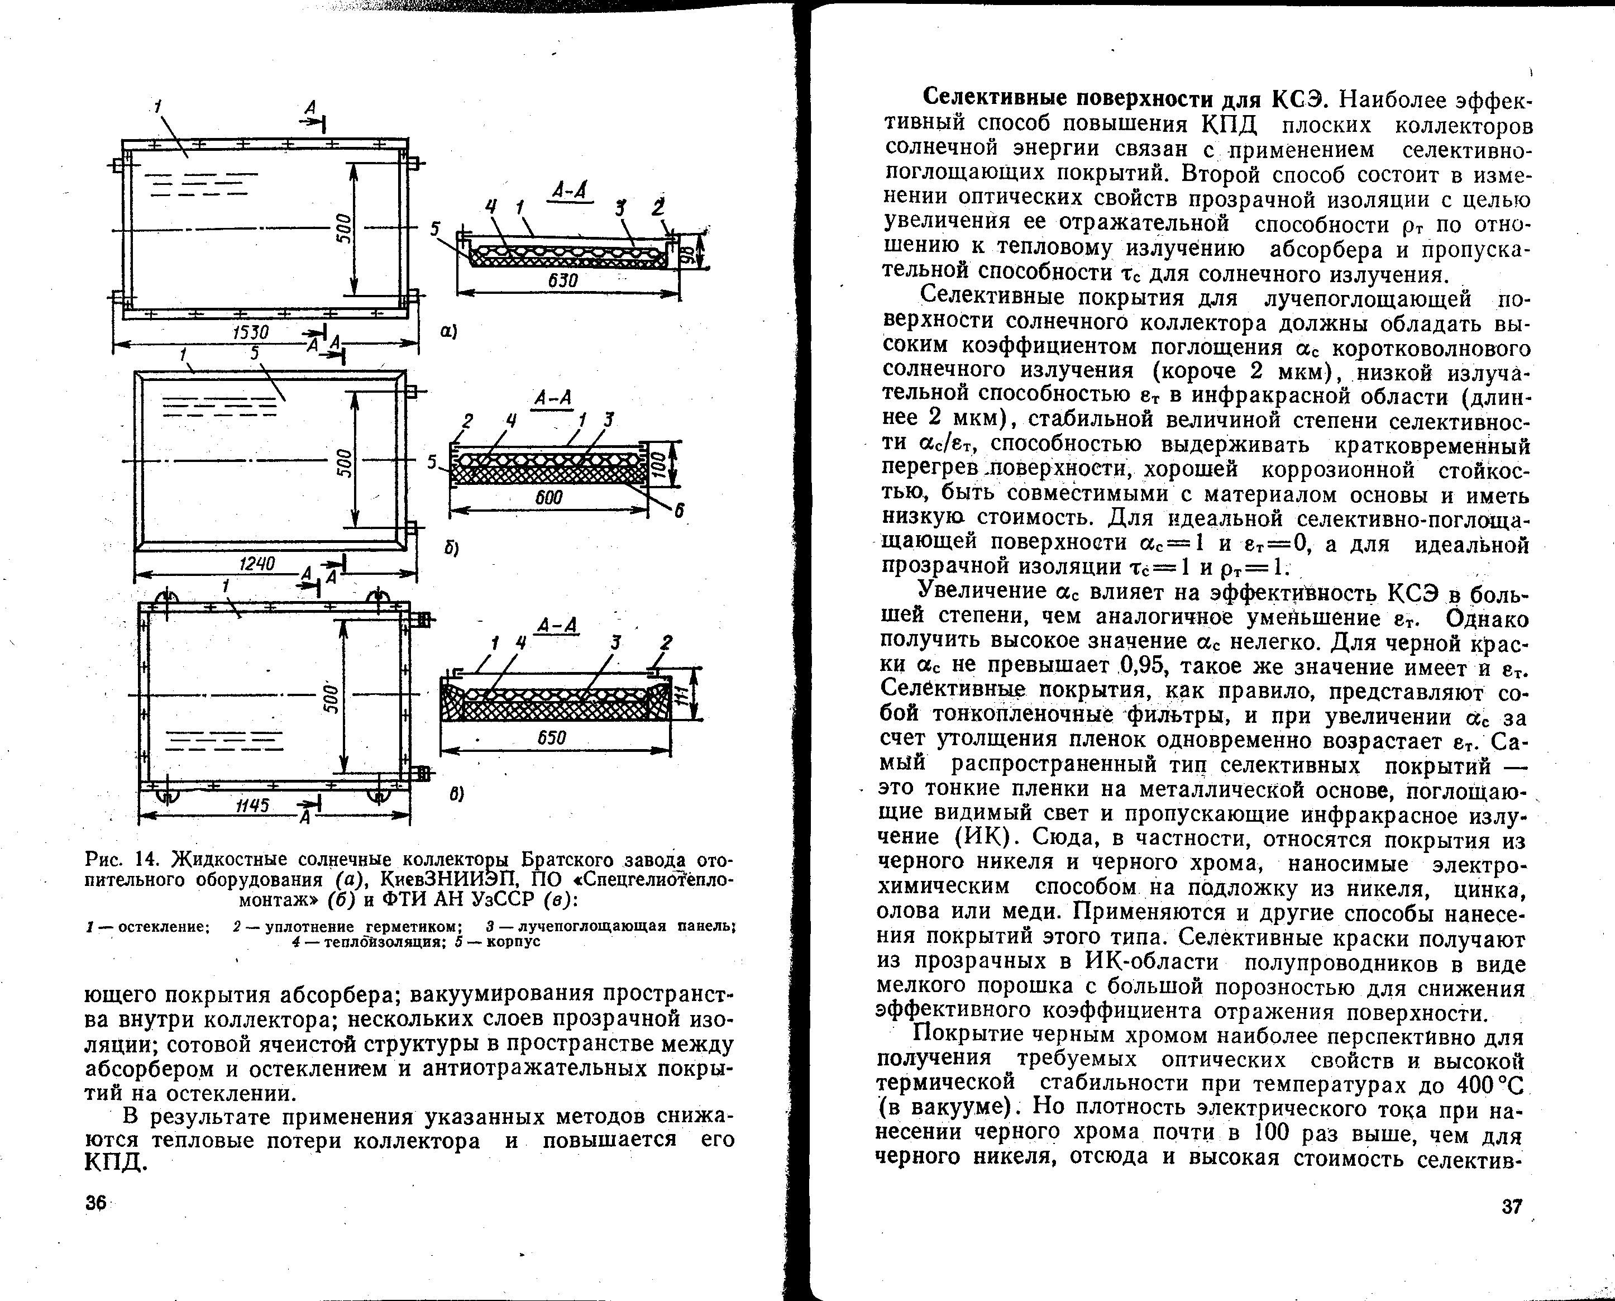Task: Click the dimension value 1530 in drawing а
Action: click(x=250, y=331)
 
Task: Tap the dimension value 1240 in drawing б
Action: click(x=257, y=564)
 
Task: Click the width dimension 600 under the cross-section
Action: click(x=549, y=498)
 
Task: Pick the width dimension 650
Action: click(x=552, y=738)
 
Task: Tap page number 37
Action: click(x=1512, y=1207)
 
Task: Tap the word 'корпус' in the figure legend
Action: click(x=513, y=941)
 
